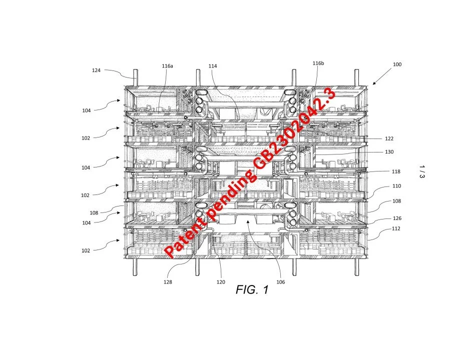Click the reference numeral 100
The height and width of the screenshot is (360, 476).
tap(397, 64)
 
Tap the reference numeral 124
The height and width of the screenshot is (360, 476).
tap(96, 70)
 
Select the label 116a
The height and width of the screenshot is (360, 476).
tap(167, 66)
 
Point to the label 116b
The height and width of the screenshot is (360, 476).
tap(318, 63)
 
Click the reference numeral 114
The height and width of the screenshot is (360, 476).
tap(213, 66)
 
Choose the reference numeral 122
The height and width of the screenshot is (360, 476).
tap(389, 138)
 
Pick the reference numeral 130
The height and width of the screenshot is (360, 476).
tap(389, 152)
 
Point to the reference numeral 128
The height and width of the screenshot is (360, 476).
tap(168, 282)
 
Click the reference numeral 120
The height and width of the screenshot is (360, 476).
tap(221, 282)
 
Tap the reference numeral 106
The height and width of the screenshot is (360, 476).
tap(280, 282)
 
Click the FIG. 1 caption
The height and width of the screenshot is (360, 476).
tap(252, 289)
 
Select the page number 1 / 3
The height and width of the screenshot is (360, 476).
tap(421, 173)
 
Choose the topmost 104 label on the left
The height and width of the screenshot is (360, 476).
tap(87, 110)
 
